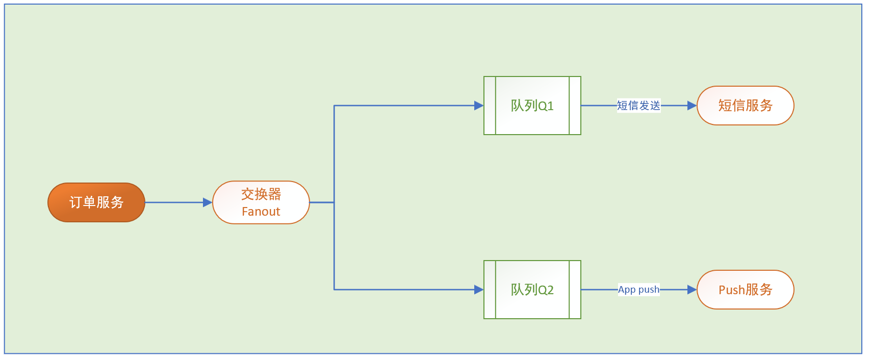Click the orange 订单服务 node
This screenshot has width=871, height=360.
96,202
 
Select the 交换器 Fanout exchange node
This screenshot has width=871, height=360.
261,202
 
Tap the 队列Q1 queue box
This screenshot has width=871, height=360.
532,106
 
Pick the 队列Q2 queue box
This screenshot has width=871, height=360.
532,290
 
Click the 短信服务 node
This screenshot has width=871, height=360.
745,106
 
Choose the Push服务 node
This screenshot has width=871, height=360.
745,290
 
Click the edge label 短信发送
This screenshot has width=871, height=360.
638,106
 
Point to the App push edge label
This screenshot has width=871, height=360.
638,290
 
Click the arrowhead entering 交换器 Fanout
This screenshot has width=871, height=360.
208,202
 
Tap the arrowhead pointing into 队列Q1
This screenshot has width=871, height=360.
479,106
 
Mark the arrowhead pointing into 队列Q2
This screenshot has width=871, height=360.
479,290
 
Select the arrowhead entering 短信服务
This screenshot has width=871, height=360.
692,106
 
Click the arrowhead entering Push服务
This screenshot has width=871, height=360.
692,290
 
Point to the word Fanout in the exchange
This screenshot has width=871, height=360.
261,212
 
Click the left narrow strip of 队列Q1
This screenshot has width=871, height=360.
490,106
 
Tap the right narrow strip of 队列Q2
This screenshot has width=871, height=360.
575,290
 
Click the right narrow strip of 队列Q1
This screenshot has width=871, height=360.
575,106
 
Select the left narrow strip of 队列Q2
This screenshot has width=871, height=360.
490,290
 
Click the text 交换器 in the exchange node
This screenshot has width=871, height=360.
261,194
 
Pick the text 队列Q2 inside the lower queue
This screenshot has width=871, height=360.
532,290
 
